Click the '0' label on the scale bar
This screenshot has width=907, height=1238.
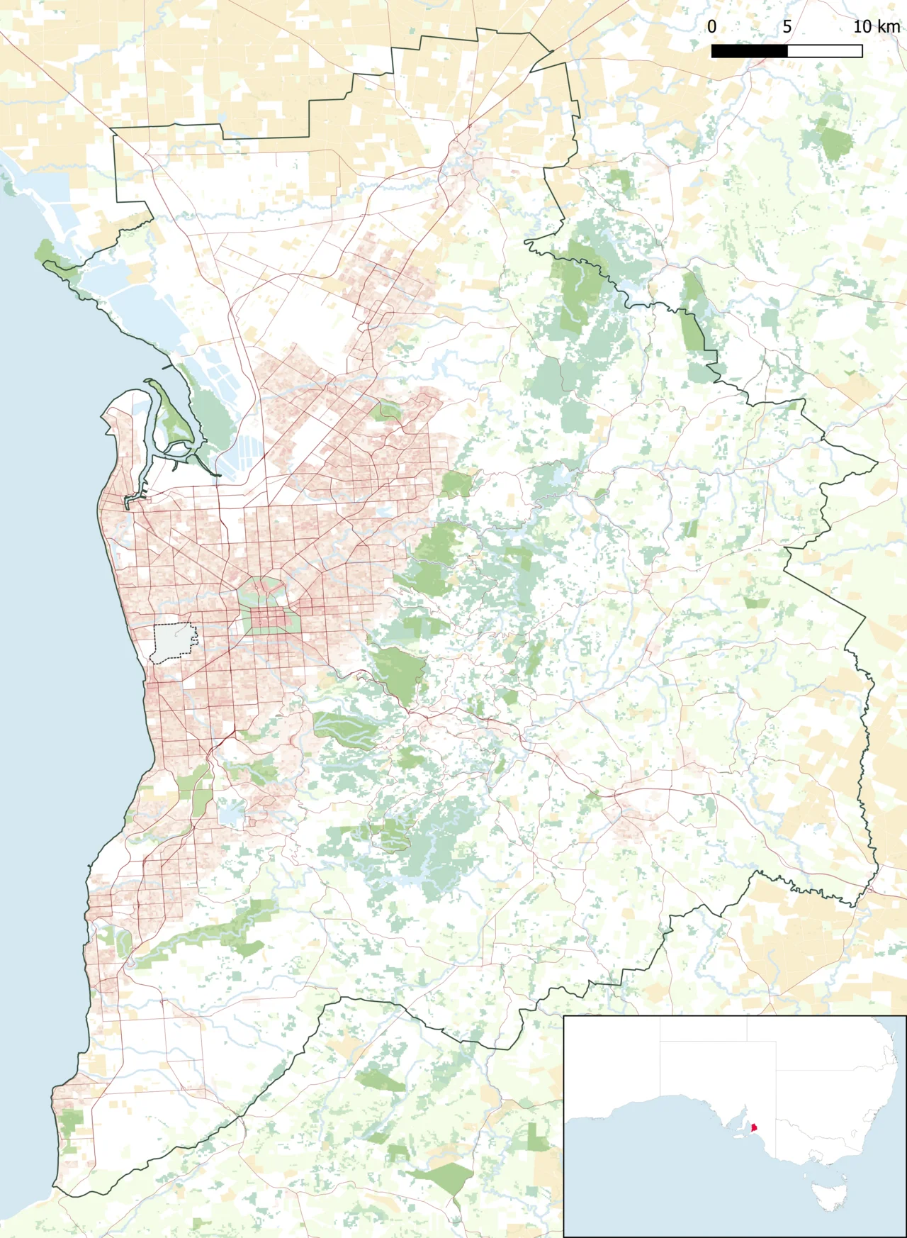point(711,27)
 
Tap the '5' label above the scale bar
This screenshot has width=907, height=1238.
point(787,27)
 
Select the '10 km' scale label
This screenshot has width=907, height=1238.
point(877,27)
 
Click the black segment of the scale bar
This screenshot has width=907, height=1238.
point(749,51)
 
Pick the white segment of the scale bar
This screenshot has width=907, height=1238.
point(825,51)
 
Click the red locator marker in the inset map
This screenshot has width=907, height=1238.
point(755,1127)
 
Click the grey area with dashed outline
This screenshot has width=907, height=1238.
point(173,642)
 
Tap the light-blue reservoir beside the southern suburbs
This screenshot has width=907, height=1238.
point(231,813)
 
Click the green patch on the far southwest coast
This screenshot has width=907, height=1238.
point(70,1125)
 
